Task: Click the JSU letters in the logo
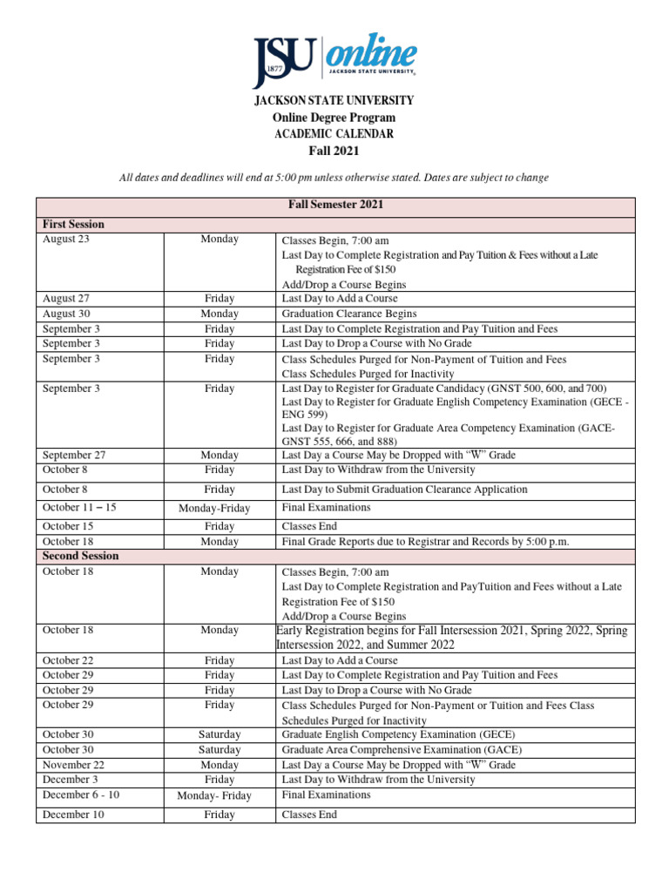pos(284,61)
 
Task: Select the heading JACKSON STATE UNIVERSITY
pos(334,101)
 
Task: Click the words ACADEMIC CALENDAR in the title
pos(334,134)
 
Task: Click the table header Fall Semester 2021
pos(335,205)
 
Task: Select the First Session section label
pos(74,224)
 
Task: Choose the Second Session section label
pos(81,556)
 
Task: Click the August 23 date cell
pos(65,239)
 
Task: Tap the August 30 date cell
pos(65,314)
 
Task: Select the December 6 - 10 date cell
pos(81,795)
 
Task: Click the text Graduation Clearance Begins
pos(348,314)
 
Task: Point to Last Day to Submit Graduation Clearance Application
pos(404,490)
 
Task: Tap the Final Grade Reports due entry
pos(425,541)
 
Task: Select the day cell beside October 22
pos(220,660)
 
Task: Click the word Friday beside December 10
pos(220,814)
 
